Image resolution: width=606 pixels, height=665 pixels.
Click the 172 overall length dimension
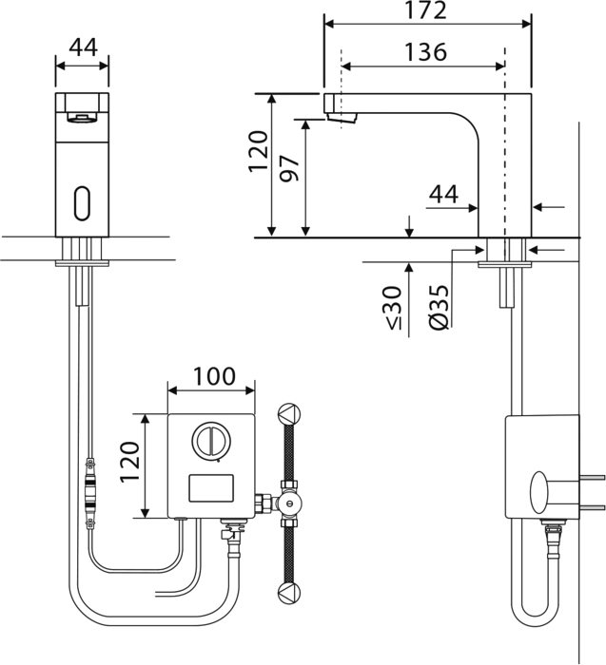click(x=426, y=10)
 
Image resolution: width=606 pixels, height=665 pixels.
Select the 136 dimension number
click(x=425, y=51)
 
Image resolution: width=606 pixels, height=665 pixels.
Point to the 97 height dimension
click(x=290, y=168)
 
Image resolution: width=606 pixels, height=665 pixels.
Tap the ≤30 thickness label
click(x=394, y=308)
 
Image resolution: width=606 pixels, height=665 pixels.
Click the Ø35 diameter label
click(x=440, y=307)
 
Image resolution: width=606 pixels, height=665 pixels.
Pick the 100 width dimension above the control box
click(x=214, y=376)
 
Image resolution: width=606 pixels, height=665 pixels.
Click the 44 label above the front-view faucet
click(x=83, y=47)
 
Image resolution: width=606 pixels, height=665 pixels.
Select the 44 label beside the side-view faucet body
click(x=443, y=194)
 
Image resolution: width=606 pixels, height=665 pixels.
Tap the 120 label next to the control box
click(x=129, y=462)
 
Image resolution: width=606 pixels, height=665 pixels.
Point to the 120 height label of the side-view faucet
click(x=258, y=151)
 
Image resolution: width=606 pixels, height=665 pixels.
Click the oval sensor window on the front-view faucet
click(x=82, y=203)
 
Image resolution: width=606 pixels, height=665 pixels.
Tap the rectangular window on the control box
click(x=211, y=488)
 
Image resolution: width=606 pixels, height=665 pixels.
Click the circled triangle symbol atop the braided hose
click(x=289, y=413)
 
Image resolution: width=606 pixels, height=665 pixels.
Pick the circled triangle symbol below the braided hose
click(x=289, y=593)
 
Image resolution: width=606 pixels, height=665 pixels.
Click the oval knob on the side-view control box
click(x=539, y=492)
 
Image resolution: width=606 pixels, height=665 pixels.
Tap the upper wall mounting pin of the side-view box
click(x=592, y=478)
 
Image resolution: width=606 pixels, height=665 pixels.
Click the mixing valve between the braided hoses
click(x=289, y=503)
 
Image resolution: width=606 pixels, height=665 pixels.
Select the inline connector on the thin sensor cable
click(x=90, y=493)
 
